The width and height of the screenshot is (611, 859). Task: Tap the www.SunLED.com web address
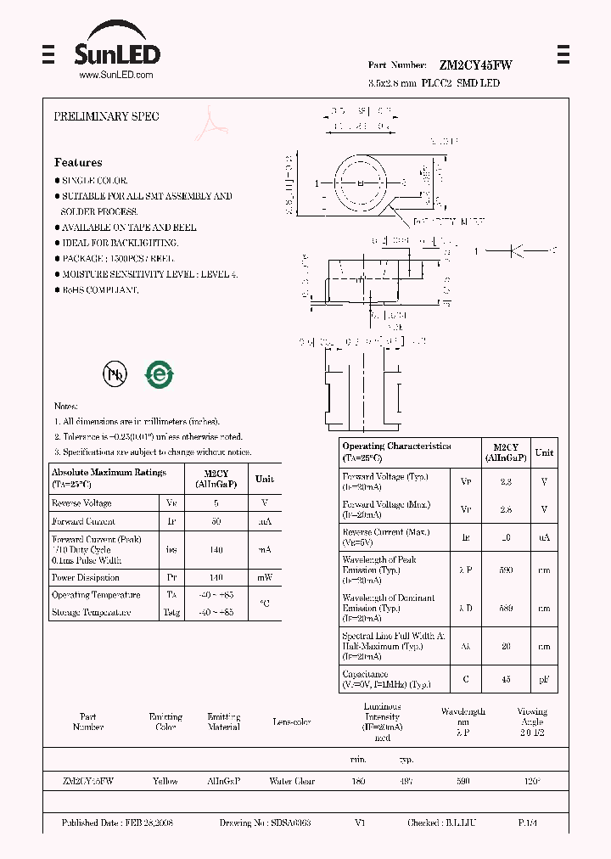115,76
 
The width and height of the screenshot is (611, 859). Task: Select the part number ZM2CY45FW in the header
475,65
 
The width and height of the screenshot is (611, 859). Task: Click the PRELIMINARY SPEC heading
106,116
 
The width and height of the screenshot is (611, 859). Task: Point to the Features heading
78,162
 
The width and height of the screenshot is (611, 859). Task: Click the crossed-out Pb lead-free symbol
114,373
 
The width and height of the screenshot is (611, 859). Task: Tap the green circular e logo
159,374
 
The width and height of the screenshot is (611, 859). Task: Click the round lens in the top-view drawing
361,183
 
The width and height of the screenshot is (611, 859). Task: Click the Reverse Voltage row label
82,503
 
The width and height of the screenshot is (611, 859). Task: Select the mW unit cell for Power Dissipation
265,577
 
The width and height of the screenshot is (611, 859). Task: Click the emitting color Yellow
165,781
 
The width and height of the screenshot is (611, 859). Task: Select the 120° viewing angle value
532,781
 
